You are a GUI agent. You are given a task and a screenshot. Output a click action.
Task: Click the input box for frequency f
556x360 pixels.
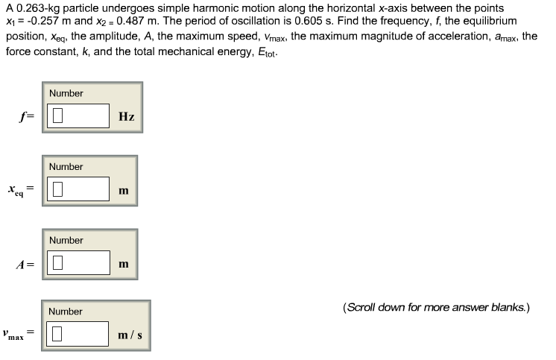point(80,116)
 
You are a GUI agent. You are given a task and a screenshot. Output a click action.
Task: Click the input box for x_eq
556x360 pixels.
point(79,190)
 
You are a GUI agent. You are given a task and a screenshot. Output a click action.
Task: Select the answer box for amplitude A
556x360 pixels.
point(79,263)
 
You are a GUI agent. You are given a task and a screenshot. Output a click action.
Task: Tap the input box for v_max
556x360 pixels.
point(80,335)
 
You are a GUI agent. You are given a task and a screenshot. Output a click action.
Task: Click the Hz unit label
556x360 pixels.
point(126,117)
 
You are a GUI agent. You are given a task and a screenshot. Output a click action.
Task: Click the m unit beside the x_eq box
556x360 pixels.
point(123,191)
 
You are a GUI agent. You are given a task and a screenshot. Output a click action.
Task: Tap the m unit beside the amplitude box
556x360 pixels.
point(123,264)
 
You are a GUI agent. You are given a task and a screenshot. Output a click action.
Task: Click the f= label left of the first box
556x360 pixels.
point(30,117)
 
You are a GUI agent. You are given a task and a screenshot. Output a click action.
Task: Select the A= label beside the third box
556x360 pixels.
point(30,264)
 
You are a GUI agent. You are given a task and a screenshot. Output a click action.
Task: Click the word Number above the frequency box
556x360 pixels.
point(66,93)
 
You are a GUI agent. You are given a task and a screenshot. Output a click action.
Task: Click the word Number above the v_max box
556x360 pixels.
point(66,311)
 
